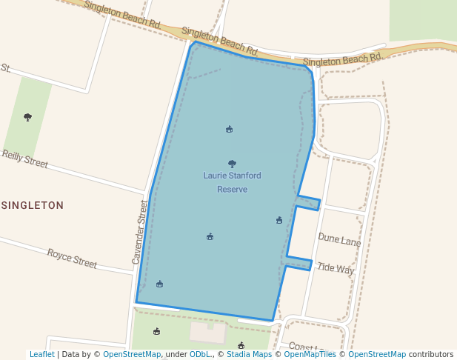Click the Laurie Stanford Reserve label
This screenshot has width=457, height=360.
[232, 182]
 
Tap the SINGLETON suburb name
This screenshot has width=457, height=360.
[33, 205]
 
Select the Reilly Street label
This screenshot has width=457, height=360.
[24, 159]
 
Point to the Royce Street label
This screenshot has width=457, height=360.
[72, 259]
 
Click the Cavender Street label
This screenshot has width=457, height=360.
[139, 232]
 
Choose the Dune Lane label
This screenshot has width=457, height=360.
[339, 239]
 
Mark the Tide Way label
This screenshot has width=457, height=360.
[336, 268]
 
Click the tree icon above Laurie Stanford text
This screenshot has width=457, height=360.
[232, 164]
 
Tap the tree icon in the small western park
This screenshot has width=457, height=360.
[28, 117]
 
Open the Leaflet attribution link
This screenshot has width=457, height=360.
[41, 354]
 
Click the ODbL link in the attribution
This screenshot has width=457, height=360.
[199, 354]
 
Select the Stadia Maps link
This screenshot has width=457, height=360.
[249, 354]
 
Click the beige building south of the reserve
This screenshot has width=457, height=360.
[208, 333]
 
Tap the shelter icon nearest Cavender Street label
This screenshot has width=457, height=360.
[159, 284]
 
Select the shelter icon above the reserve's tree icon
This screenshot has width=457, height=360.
[229, 129]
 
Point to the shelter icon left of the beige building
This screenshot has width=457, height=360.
[156, 331]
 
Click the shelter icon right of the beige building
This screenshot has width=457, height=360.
[241, 345]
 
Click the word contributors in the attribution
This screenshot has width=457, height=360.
[431, 354]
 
